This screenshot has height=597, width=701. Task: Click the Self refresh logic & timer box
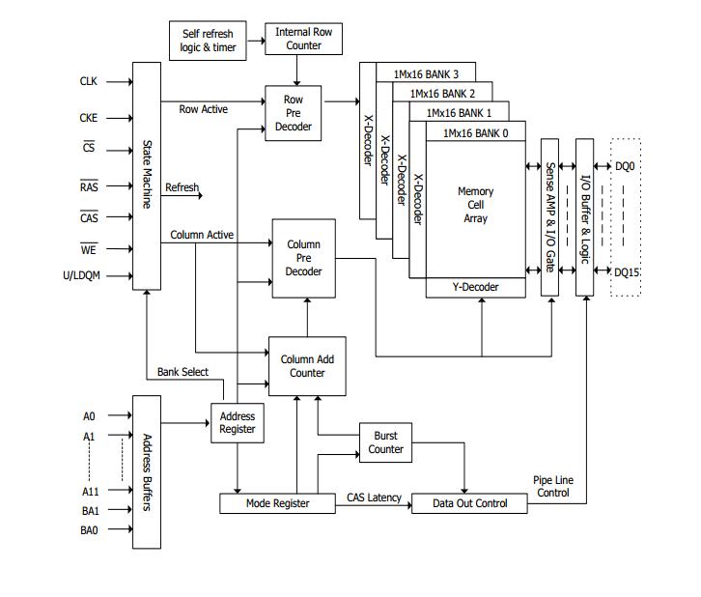(208, 41)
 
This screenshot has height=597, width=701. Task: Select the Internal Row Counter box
(303, 39)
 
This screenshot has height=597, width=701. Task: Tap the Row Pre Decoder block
(294, 113)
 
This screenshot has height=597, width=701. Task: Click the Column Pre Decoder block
(303, 258)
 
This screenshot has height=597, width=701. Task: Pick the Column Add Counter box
(307, 366)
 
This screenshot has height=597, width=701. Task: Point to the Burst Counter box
(386, 442)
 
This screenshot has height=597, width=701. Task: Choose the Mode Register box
(278, 503)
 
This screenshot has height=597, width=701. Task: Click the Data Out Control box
(469, 503)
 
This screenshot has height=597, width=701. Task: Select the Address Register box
(238, 423)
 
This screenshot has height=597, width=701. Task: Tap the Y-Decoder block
(476, 288)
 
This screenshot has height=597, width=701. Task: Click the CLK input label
(89, 81)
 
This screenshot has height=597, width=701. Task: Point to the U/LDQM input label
(81, 275)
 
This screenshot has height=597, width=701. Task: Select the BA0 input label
(89, 530)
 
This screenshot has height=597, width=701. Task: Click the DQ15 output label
(627, 272)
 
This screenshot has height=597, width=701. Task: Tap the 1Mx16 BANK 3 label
(426, 74)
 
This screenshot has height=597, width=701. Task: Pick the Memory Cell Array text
(476, 205)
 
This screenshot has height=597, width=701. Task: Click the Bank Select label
(182, 372)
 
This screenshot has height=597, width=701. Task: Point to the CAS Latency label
(375, 497)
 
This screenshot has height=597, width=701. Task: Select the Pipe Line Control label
(553, 486)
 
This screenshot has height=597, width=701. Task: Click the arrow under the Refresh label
(182, 195)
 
